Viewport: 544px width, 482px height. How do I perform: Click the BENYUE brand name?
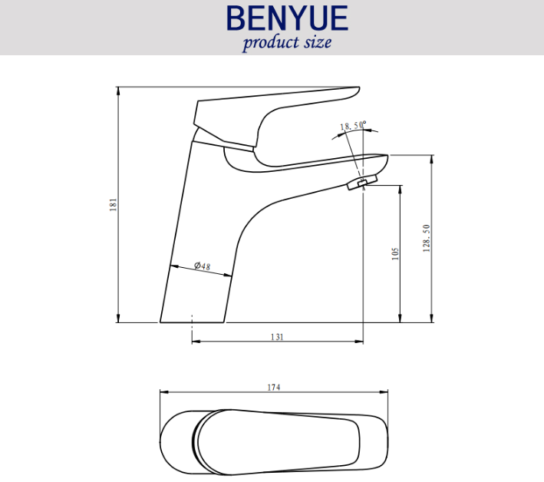pyautogui.click(x=287, y=18)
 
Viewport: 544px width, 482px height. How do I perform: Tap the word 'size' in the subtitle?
pyautogui.click(x=318, y=42)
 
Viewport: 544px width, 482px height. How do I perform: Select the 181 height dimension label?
pyautogui.click(x=113, y=205)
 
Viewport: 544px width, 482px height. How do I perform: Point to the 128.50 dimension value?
pyautogui.click(x=427, y=238)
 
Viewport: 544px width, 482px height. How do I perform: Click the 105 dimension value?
pyautogui.click(x=395, y=254)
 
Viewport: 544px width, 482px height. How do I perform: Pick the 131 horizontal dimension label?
pyautogui.click(x=277, y=337)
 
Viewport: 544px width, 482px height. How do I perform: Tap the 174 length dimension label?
pyautogui.click(x=274, y=388)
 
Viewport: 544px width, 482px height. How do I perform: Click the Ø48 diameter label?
pyautogui.click(x=203, y=266)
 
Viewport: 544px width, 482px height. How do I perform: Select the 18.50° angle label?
pyautogui.click(x=353, y=125)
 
